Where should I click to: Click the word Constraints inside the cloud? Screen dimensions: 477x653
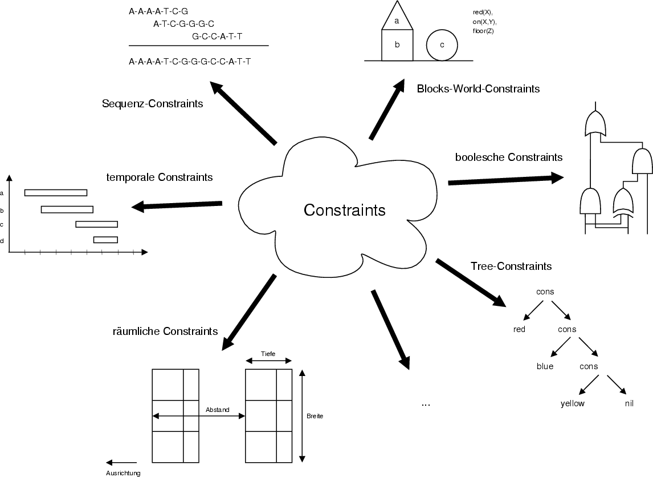(344, 210)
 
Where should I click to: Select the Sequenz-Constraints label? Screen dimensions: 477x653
(152, 104)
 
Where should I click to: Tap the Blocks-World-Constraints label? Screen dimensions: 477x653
(478, 89)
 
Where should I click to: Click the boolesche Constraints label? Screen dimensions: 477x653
(509, 157)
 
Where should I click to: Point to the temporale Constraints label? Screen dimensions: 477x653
(160, 177)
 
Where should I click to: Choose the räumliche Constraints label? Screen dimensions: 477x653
(165, 331)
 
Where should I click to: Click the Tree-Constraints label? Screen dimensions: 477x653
(511, 266)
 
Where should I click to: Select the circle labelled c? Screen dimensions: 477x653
(442, 45)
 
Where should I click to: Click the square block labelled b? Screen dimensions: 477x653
(397, 45)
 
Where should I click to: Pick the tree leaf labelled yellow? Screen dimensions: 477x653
(573, 403)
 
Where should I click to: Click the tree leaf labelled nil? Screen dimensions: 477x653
(629, 403)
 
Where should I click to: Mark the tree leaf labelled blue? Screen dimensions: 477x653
(545, 366)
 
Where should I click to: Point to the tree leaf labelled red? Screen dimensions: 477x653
(519, 329)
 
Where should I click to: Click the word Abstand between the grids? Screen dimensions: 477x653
(218, 410)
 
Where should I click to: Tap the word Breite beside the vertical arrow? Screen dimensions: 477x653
(315, 416)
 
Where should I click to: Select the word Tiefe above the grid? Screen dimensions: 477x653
(268, 354)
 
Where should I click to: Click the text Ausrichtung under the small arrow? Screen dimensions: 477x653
(123, 473)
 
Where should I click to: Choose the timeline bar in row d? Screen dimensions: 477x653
(105, 240)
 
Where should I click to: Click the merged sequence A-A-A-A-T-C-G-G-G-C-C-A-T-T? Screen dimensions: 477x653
(190, 61)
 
